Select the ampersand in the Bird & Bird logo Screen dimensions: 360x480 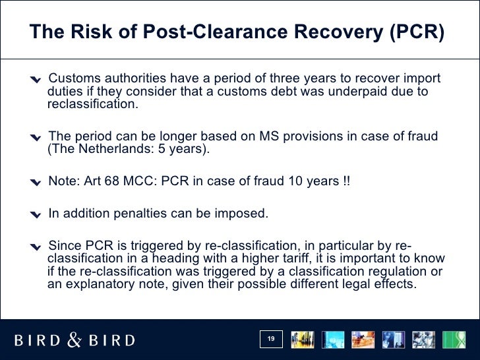click(x=75, y=340)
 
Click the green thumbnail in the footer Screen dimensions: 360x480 click(x=454, y=340)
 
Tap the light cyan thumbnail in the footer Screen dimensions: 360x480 click(x=333, y=340)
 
